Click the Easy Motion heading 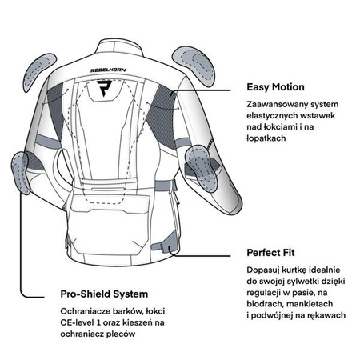(275, 87)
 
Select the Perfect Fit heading (270, 253)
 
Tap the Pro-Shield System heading (104, 294)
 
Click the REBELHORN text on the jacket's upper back (108, 70)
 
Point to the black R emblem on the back (104, 88)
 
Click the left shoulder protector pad (39, 72)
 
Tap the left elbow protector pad (21, 173)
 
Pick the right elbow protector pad (202, 168)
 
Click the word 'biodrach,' (263, 304)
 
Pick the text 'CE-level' (77, 322)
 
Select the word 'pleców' (121, 334)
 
